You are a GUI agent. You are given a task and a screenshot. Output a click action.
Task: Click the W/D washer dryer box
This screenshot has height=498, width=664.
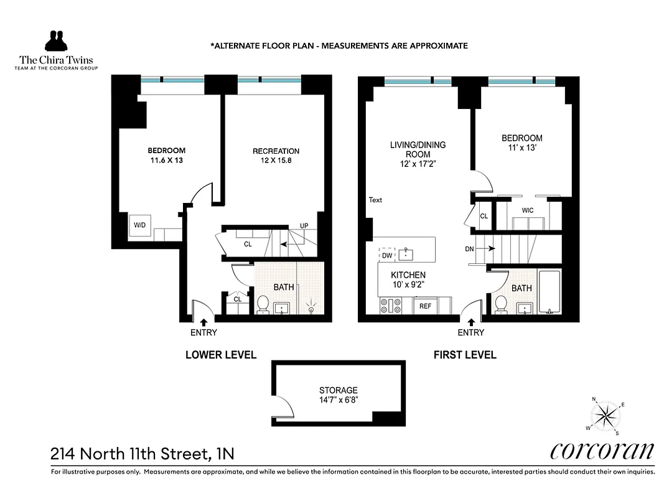(x=138, y=225)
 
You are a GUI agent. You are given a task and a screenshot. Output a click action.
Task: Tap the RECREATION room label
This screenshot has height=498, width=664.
(x=276, y=151)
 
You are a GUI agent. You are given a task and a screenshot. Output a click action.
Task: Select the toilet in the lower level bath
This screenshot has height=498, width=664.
(x=263, y=304)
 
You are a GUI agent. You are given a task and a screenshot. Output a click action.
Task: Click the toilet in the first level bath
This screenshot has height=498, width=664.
(x=500, y=305)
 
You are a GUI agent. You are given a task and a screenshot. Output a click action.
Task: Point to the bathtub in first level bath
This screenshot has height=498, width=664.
(x=549, y=292)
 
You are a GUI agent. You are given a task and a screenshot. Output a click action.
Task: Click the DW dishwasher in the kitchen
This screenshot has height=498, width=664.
(x=387, y=255)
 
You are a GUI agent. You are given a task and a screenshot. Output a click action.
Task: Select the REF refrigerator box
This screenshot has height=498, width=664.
(x=425, y=306)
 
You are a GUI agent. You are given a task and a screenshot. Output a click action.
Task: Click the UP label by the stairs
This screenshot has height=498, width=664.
(x=304, y=225)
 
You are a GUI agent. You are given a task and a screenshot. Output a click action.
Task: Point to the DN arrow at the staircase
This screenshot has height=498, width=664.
(x=490, y=248)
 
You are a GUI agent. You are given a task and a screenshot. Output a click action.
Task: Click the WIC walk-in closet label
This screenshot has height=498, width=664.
(x=528, y=211)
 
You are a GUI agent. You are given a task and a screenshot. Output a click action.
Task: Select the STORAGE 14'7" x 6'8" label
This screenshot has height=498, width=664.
(x=339, y=395)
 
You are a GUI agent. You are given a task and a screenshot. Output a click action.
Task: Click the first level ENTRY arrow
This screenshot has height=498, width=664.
(x=471, y=322)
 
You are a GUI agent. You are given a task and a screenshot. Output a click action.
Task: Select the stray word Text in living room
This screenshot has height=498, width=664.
(x=375, y=200)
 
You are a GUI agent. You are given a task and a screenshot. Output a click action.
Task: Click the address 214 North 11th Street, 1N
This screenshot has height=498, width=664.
(x=143, y=453)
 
